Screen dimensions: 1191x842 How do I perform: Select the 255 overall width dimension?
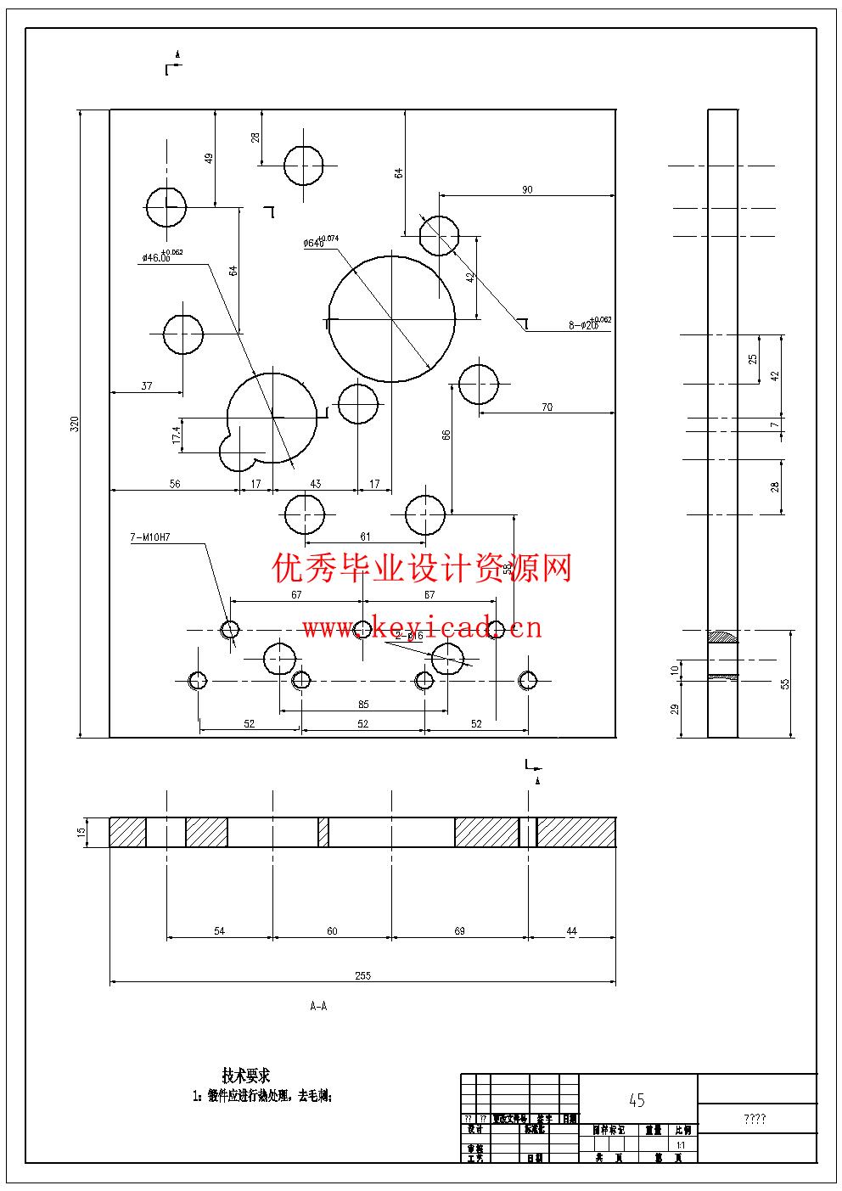click(362, 975)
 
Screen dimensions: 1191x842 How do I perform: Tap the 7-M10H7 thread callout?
click(151, 537)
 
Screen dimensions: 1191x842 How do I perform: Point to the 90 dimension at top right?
click(527, 189)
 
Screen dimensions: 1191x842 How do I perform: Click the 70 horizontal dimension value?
click(547, 407)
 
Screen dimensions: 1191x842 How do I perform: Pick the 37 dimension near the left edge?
click(147, 385)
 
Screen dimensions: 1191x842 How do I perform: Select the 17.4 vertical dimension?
click(177, 435)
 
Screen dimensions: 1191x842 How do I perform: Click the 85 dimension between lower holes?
click(363, 704)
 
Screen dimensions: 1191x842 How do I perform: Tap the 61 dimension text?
click(365, 537)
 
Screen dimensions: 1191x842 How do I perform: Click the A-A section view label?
click(318, 1006)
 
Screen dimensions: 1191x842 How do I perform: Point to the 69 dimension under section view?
click(459, 931)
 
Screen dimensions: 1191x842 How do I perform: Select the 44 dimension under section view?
click(571, 931)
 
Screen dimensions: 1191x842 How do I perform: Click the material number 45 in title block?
click(637, 1100)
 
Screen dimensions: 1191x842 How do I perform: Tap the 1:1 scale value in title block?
click(681, 1145)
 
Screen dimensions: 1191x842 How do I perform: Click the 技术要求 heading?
click(246, 1076)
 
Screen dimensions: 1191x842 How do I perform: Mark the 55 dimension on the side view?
click(785, 683)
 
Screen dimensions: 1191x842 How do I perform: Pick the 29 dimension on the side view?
click(676, 709)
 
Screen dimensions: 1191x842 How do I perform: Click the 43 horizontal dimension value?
click(316, 484)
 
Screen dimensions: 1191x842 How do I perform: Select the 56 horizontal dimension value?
click(175, 484)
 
